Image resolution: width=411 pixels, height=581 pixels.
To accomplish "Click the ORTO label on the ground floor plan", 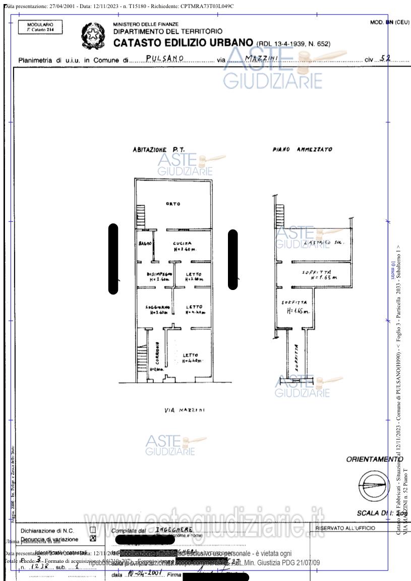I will pos(173,204).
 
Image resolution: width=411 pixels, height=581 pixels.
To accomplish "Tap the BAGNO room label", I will pos(145,244).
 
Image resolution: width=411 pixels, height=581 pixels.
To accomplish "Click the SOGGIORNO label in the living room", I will pos(157,309).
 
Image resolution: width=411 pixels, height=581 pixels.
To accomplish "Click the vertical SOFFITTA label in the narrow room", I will pos(297,358).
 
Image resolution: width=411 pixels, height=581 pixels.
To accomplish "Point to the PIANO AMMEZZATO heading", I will pos(302,150).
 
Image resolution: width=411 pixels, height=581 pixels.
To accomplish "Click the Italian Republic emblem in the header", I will pos(92,35).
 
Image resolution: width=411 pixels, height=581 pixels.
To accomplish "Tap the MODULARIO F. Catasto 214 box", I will pos(40,27).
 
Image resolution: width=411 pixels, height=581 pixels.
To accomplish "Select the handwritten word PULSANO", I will pos(164,59).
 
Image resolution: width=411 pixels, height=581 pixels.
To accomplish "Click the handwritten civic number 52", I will pos(385,58).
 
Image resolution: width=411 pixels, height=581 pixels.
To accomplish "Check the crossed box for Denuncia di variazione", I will pos(92,538).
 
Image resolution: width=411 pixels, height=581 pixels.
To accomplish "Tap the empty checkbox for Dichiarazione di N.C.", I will pos(92,530).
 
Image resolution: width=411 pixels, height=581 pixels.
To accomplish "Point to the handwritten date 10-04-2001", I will pos(142,574).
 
